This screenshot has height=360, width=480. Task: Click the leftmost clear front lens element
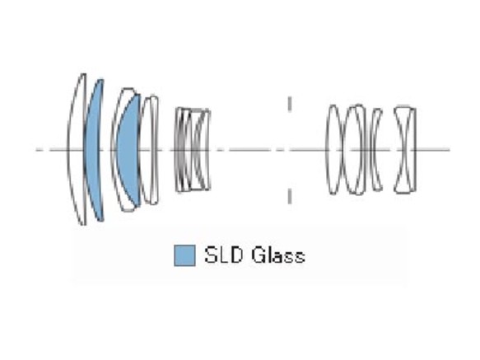[74, 149]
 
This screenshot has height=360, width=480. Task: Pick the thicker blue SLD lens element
[128, 149]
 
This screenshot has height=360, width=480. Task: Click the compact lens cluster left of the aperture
[193, 149]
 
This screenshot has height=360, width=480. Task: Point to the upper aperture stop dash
[290, 104]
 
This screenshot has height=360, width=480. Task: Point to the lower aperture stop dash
[290, 196]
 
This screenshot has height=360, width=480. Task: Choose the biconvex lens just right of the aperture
[333, 149]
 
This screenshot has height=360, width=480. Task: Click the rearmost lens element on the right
[405, 149]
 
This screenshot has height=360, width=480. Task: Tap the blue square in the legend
[184, 255]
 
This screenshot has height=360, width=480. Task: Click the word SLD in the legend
[224, 255]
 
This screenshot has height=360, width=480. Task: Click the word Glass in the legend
[278, 255]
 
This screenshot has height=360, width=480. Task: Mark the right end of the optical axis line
[450, 150]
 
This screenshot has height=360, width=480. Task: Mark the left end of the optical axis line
[36, 150]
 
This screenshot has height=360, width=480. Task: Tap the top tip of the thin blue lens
[101, 79]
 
